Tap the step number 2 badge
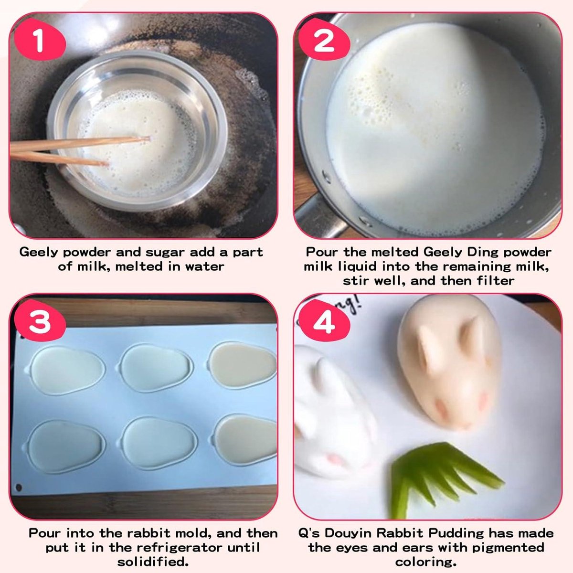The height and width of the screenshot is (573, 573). [x=324, y=41]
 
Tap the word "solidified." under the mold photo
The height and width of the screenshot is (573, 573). [x=153, y=562]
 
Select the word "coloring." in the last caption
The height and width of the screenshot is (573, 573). [x=426, y=562]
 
